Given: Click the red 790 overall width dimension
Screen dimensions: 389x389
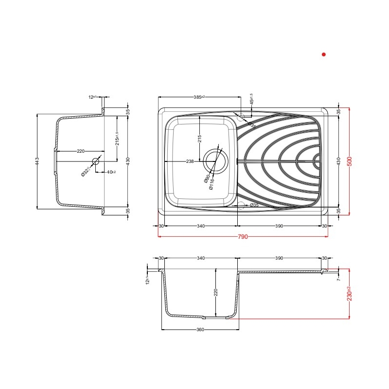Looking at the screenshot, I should [x=243, y=237].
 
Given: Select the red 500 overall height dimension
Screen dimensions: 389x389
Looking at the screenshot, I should [x=349, y=160].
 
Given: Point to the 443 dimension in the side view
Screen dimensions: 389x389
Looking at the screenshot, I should [x=37, y=161].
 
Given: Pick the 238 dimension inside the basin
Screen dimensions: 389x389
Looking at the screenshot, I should [x=190, y=161].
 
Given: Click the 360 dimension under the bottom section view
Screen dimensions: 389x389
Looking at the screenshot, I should [x=200, y=330].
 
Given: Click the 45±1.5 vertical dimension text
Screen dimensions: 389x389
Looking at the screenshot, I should [x=251, y=100].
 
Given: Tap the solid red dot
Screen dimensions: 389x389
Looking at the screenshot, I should [x=323, y=55].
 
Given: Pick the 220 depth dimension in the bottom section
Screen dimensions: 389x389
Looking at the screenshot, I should [x=216, y=292].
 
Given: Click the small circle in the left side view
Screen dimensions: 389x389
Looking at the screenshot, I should [x=95, y=160].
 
